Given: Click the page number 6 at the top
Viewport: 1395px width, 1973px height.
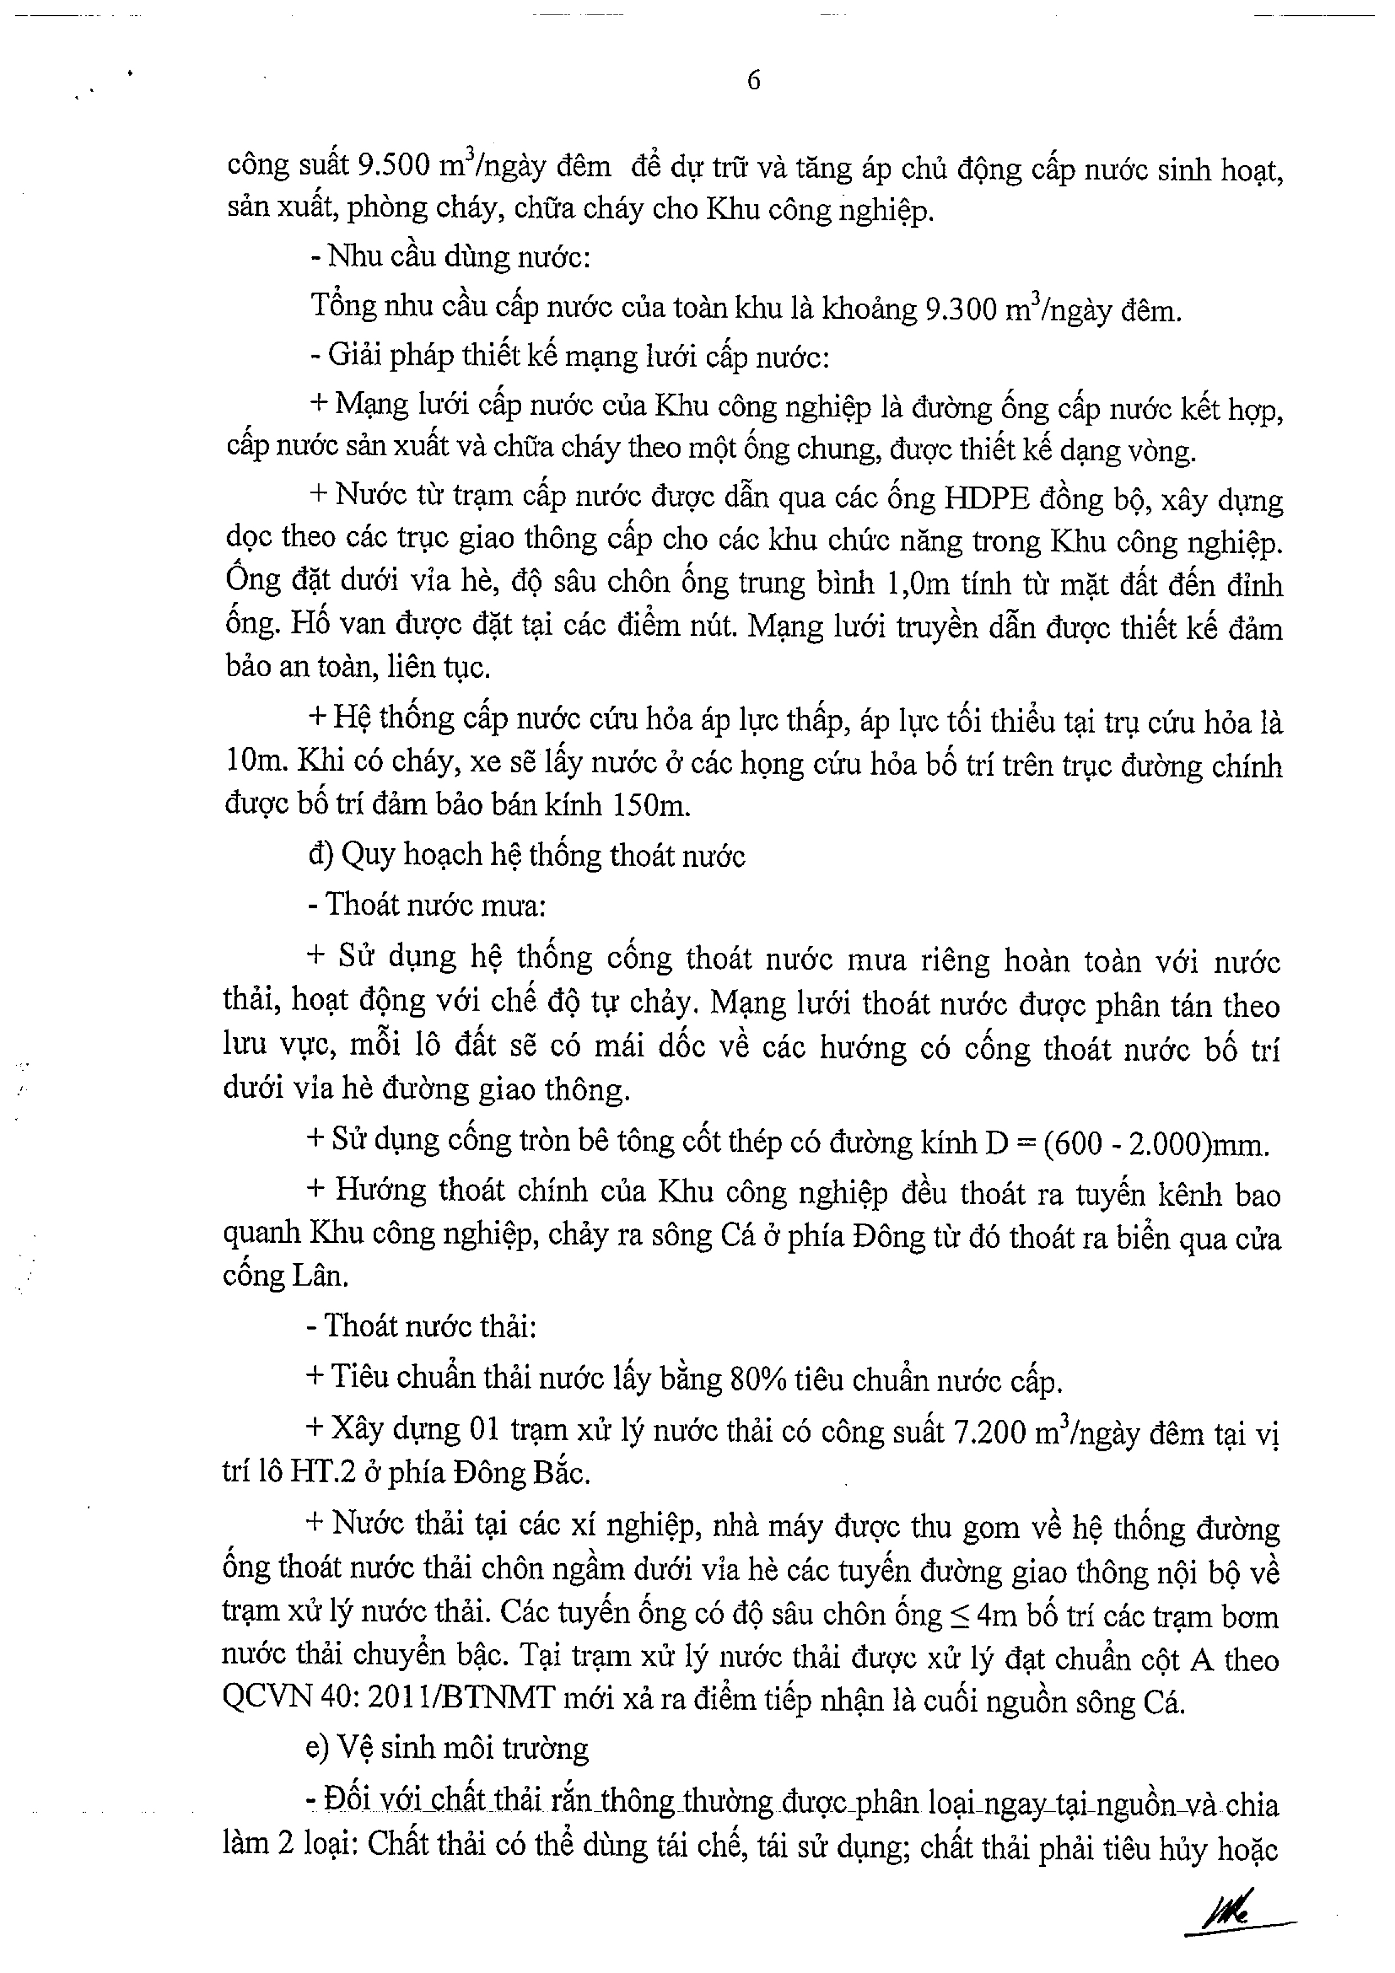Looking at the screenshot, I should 754,81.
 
